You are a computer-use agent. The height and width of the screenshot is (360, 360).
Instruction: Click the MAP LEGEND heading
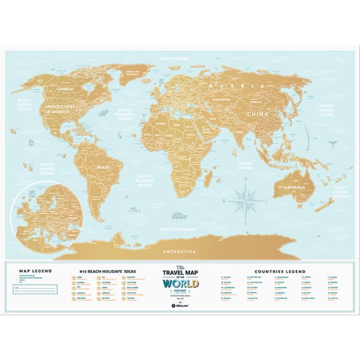pos(35,271)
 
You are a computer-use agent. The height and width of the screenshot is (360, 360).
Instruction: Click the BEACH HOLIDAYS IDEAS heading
pos(107,271)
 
